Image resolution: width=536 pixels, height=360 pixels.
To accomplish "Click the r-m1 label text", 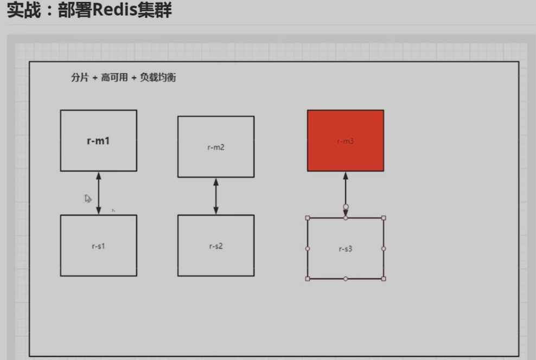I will coord(98,141).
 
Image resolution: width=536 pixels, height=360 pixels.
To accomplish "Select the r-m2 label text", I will coord(216,147).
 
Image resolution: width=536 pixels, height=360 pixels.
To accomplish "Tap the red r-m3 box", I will coord(346,140).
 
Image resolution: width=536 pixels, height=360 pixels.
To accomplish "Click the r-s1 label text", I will coord(98,246).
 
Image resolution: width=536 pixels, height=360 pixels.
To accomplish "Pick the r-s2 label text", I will coord(216,246).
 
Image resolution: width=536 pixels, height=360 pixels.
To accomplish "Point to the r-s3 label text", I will coord(346,249).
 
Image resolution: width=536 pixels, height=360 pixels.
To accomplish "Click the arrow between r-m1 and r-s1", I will coord(98,193).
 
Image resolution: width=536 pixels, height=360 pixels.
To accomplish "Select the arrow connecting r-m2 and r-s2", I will coord(216,196).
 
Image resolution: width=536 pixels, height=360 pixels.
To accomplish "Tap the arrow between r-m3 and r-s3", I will coord(346,190).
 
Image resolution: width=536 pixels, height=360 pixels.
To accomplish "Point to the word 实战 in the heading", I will coord(22,11).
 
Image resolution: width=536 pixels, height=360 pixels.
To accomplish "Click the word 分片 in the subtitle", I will coord(79,78).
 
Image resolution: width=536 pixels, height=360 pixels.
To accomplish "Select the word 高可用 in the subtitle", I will coord(114,78).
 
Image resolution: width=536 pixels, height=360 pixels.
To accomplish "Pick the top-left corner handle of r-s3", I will coord(308,218).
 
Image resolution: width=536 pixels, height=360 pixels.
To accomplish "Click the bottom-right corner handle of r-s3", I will coord(384,279).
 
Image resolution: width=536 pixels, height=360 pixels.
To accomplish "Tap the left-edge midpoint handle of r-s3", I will coord(308,248).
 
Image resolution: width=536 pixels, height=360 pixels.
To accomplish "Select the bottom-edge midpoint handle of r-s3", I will coord(346,279).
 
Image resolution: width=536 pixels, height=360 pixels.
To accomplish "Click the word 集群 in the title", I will coord(157,11).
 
